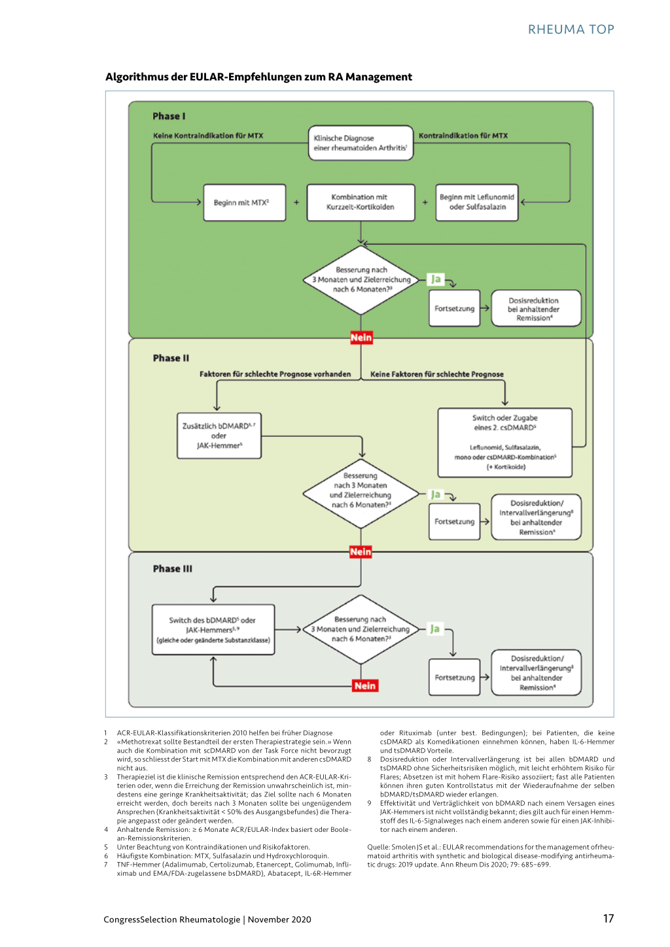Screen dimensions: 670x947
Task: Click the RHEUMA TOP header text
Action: click(571, 29)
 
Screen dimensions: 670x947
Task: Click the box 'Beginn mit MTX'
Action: click(245, 203)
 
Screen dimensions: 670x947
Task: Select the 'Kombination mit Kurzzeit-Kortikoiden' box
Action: click(361, 203)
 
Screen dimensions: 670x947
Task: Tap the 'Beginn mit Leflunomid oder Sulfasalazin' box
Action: click(477, 203)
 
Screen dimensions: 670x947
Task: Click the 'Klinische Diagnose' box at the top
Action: click(361, 143)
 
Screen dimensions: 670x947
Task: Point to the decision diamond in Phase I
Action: click(361, 280)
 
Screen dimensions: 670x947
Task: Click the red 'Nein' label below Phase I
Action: click(361, 337)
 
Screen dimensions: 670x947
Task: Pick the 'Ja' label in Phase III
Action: click(435, 628)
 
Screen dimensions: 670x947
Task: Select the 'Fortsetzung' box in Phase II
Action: click(454, 521)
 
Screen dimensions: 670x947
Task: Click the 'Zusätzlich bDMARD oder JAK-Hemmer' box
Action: click(219, 436)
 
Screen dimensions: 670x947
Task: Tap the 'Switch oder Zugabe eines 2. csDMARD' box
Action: click(504, 443)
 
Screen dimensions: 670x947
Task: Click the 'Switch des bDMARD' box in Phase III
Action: click(213, 630)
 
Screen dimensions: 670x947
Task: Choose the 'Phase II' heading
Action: click(171, 358)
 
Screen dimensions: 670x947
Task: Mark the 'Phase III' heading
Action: click(173, 568)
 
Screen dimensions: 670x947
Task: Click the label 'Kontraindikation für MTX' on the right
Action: click(463, 136)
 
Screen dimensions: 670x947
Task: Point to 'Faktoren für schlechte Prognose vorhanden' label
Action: click(275, 374)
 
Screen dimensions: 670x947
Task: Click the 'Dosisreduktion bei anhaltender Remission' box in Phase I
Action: click(536, 308)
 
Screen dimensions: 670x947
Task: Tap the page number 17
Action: click(608, 918)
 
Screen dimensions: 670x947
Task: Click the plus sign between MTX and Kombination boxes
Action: click(296, 203)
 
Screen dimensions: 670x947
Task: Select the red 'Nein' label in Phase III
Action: click(365, 686)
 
